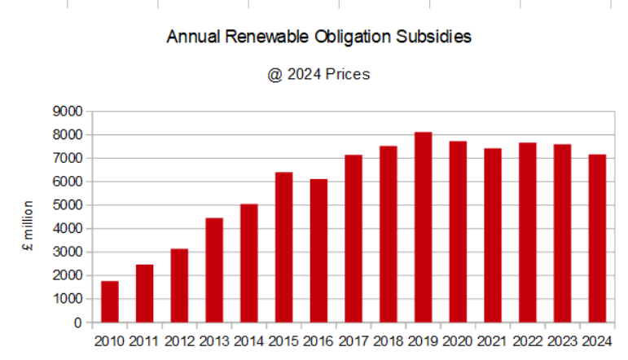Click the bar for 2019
[423, 227]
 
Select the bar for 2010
[109, 301]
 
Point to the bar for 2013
[214, 270]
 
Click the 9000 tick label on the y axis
[67, 111]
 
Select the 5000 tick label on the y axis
[67, 205]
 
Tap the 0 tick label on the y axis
[77, 323]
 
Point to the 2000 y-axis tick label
[67, 275]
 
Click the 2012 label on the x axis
[179, 340]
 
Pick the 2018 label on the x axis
[389, 340]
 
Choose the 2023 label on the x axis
[562, 340]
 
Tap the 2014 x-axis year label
[249, 340]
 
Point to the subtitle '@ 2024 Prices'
[318, 74]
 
